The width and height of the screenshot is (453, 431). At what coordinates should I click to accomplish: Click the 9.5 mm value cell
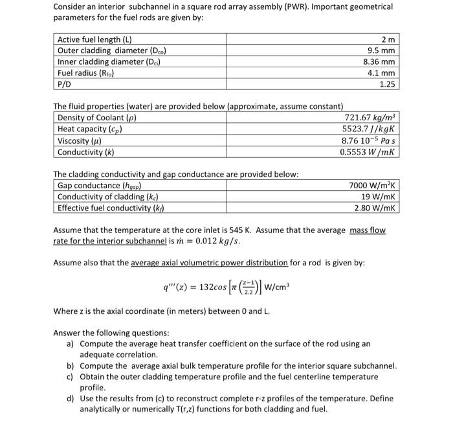(x=381, y=50)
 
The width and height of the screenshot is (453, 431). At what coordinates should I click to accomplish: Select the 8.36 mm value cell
(x=380, y=62)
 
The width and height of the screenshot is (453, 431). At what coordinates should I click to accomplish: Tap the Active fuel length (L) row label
(x=100, y=39)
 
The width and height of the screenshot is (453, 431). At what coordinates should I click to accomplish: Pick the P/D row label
(x=65, y=84)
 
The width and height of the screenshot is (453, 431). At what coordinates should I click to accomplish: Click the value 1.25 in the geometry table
(x=387, y=84)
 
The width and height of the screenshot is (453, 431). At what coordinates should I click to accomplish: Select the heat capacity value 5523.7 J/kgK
(x=368, y=129)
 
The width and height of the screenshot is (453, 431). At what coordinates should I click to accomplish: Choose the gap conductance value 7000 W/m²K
(x=372, y=186)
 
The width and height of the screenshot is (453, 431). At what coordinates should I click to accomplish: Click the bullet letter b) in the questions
(x=71, y=365)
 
